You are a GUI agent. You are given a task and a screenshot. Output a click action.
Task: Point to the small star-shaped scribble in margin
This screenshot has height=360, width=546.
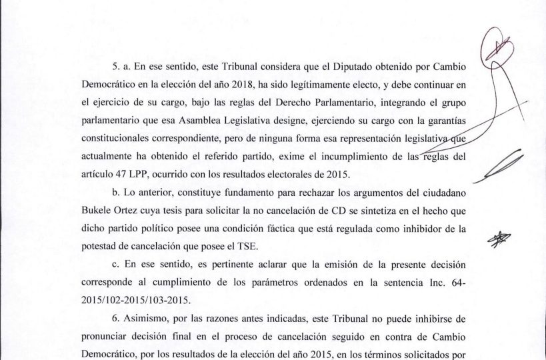click(497, 238)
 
